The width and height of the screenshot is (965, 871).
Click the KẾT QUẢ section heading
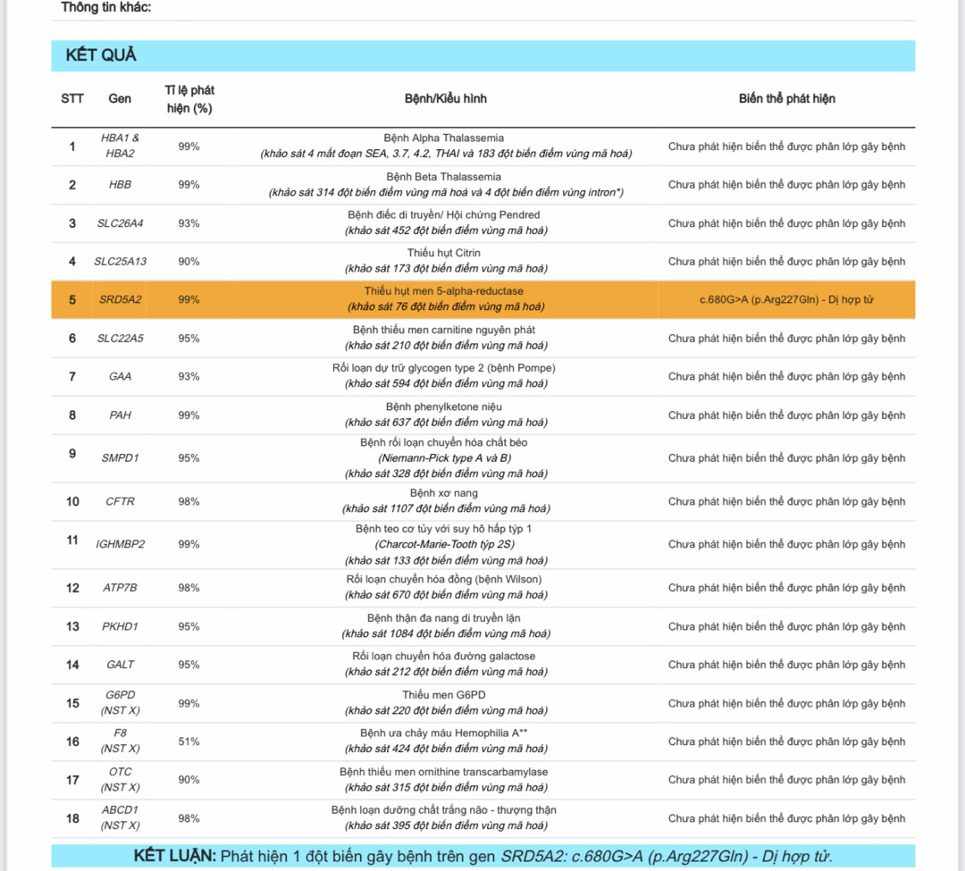(x=101, y=55)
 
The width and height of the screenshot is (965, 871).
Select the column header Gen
(x=120, y=98)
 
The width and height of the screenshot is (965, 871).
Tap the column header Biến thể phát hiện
(x=786, y=98)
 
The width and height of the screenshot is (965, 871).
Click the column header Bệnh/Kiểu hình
(x=445, y=98)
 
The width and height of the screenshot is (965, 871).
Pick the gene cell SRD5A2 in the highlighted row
(x=120, y=299)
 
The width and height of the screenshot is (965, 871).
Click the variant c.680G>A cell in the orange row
(x=786, y=299)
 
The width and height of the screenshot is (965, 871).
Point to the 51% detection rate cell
(x=189, y=741)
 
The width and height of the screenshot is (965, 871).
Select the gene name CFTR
(x=120, y=501)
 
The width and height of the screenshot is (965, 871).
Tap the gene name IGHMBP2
(x=120, y=544)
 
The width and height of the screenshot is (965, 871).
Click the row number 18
(x=72, y=818)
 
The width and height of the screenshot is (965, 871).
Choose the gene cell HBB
(x=120, y=185)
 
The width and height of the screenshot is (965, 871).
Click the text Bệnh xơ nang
(x=444, y=493)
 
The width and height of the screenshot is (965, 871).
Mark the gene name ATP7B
(x=120, y=588)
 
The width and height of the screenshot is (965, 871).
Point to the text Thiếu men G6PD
(x=444, y=695)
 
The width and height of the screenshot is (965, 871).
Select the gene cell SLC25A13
(x=120, y=262)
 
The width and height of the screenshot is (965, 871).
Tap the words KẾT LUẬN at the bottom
(x=175, y=856)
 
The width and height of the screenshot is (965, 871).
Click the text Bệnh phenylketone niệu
(x=444, y=406)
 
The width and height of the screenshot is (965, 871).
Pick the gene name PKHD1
(x=120, y=626)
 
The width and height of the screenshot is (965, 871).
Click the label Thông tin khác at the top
(x=105, y=7)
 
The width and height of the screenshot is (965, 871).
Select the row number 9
(x=72, y=454)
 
